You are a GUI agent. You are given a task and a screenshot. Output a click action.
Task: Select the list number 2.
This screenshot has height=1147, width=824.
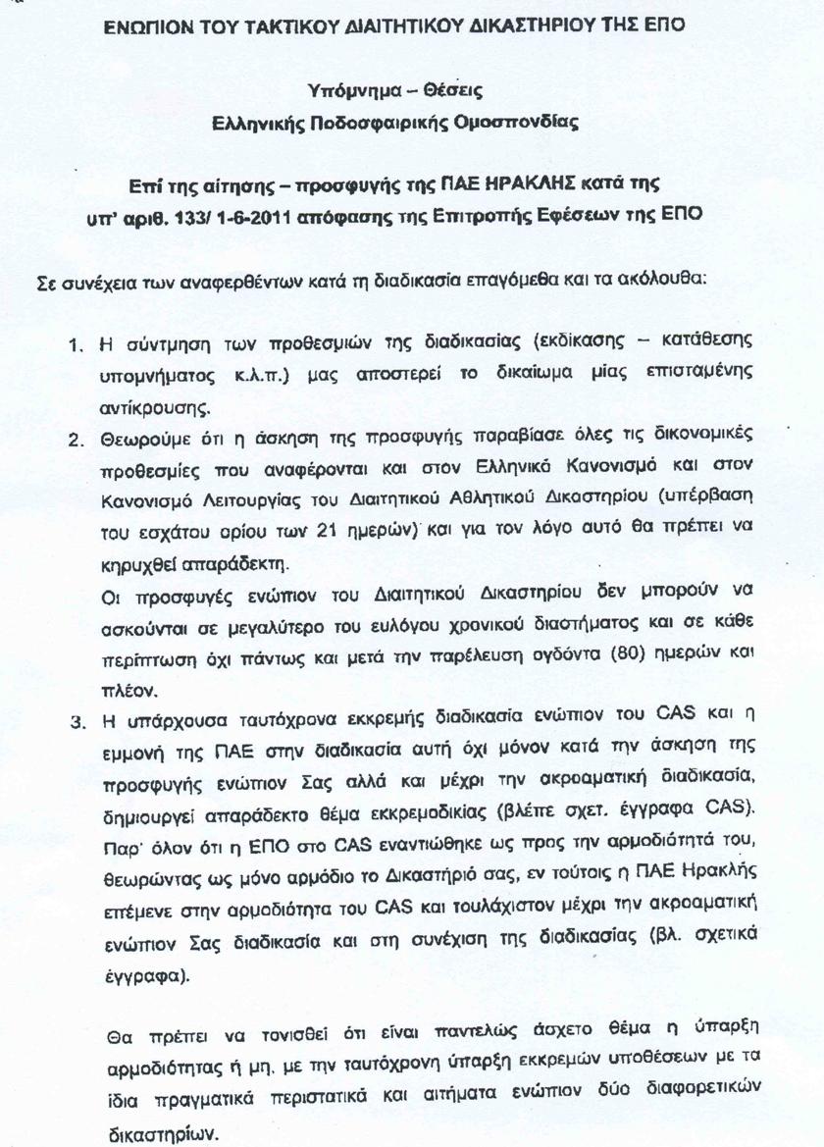pyautogui.click(x=76, y=438)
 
